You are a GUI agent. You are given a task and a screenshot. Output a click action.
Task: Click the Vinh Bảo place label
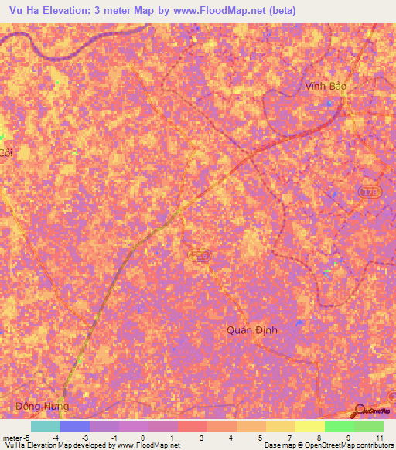(325, 87)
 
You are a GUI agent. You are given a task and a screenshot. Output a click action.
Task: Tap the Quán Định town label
(251, 329)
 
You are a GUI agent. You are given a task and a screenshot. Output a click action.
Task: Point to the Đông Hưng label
(42, 406)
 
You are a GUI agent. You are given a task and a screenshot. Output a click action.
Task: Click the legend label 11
(380, 438)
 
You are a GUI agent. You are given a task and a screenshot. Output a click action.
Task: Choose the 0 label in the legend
(142, 438)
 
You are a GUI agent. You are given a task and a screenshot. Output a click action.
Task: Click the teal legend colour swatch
(46, 426)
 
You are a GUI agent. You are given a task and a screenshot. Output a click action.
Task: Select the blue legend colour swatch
(75, 426)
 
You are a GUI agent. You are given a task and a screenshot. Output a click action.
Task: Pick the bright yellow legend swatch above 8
(309, 426)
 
